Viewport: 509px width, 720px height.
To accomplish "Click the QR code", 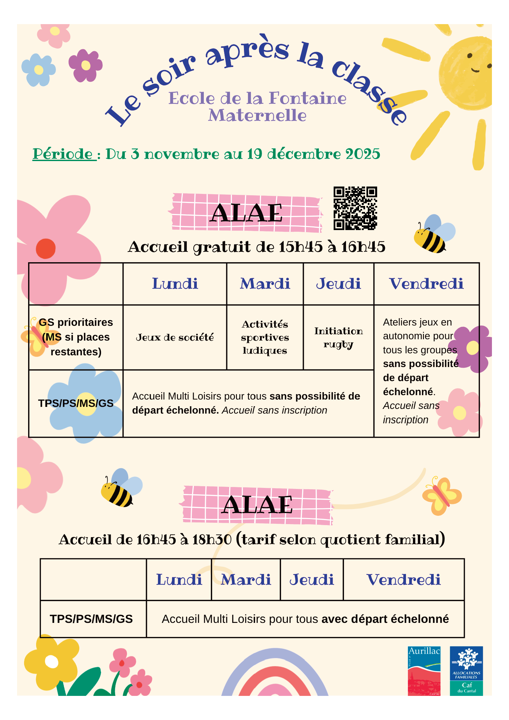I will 355,208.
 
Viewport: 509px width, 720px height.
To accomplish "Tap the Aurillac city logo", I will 424,671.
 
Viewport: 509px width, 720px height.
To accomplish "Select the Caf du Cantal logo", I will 466,671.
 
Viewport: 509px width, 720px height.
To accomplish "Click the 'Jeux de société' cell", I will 175,337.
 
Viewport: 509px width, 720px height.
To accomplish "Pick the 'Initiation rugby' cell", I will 338,337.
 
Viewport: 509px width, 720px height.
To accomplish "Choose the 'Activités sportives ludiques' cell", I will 265,337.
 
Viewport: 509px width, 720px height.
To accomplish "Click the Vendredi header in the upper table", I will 426,284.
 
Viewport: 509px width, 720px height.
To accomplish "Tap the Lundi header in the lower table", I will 179,580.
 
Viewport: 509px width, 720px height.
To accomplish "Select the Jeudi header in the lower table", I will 312,580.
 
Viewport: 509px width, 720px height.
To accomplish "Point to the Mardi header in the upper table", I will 265,284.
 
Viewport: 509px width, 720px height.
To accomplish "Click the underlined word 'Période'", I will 63,154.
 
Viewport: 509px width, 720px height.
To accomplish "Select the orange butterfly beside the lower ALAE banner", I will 442,496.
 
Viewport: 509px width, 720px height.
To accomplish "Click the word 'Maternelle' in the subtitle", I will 257,116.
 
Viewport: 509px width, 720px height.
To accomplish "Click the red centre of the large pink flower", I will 46,248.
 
